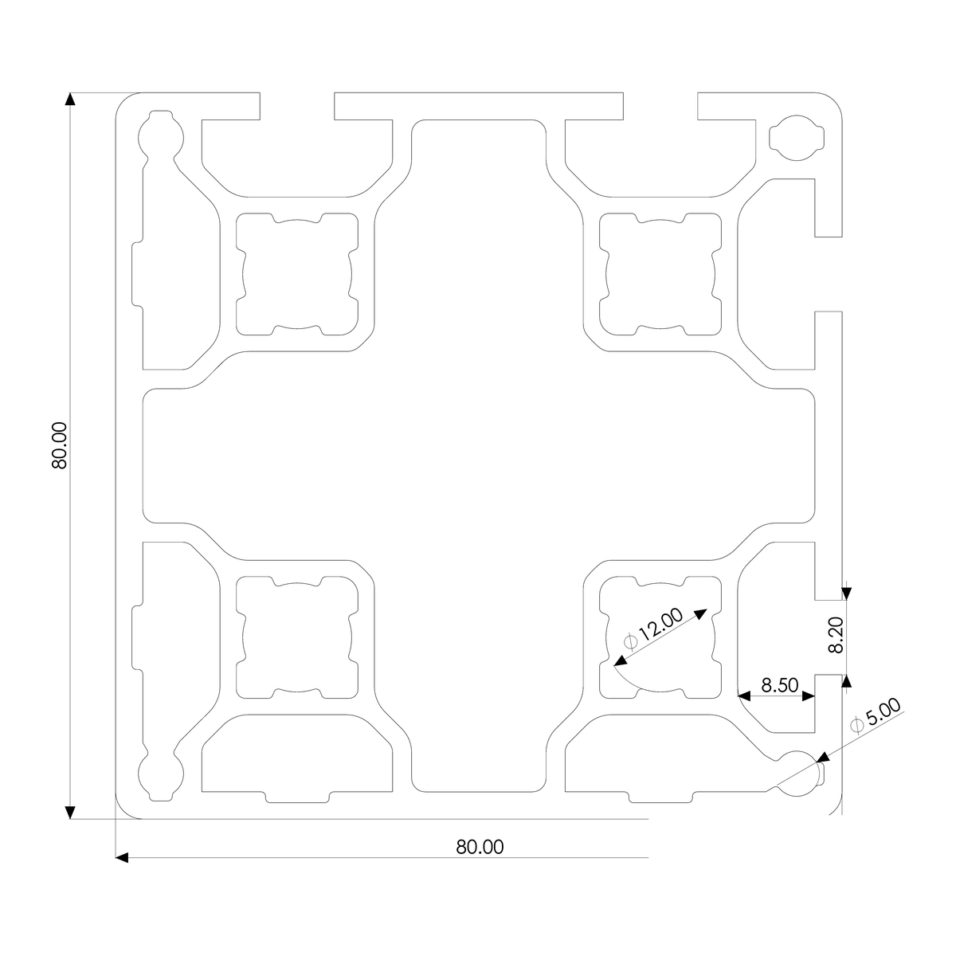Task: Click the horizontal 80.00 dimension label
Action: pos(480,847)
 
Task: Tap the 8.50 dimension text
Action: pos(779,685)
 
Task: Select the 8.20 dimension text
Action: pos(835,636)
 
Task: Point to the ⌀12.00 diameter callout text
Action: pos(653,629)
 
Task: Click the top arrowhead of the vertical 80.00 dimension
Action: pos(70,100)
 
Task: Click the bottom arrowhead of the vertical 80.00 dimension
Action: pos(70,812)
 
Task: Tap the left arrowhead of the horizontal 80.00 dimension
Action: pos(122,857)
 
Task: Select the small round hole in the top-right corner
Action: pos(797,137)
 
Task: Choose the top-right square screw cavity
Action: pos(660,273)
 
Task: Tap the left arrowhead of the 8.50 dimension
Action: pos(743,697)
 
